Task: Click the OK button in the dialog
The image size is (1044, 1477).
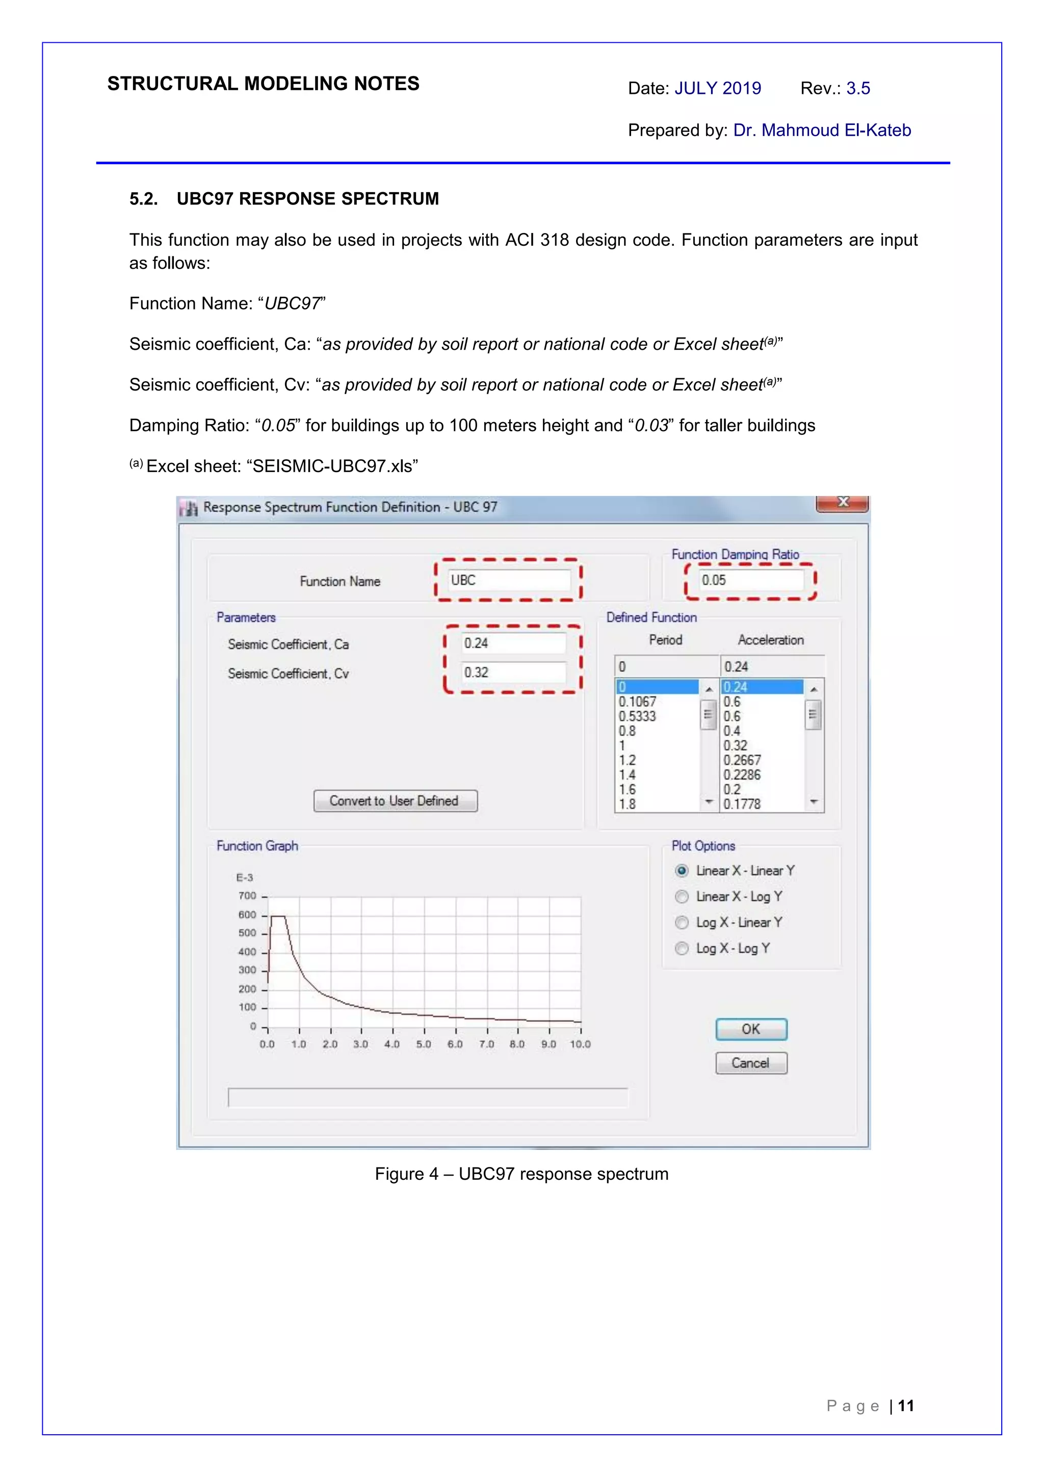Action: pyautogui.click(x=751, y=1029)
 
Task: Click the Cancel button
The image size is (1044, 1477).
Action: pyautogui.click(x=751, y=1063)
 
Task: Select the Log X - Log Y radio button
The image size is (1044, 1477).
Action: pyautogui.click(x=682, y=948)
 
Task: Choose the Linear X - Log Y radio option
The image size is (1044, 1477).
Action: pyautogui.click(x=682, y=896)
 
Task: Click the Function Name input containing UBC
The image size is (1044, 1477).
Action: pyautogui.click(x=508, y=580)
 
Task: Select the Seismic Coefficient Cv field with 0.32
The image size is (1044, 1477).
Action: pyautogui.click(x=513, y=672)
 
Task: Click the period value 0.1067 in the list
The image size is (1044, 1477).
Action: pyautogui.click(x=638, y=702)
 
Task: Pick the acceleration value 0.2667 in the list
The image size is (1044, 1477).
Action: pyautogui.click(x=742, y=760)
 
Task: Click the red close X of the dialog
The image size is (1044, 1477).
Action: pyautogui.click(x=843, y=502)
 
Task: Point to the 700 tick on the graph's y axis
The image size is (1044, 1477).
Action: pyautogui.click(x=248, y=895)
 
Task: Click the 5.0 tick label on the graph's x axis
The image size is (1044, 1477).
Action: pyautogui.click(x=423, y=1044)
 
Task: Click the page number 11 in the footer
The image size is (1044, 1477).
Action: pyautogui.click(x=906, y=1406)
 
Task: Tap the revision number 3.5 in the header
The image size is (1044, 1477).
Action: pyautogui.click(x=857, y=88)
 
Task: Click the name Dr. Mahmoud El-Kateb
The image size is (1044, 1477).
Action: pyautogui.click(x=821, y=130)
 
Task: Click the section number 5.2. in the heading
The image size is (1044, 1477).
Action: pyautogui.click(x=143, y=199)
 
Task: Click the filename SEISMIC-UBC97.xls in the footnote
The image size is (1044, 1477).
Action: pyautogui.click(x=332, y=466)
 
